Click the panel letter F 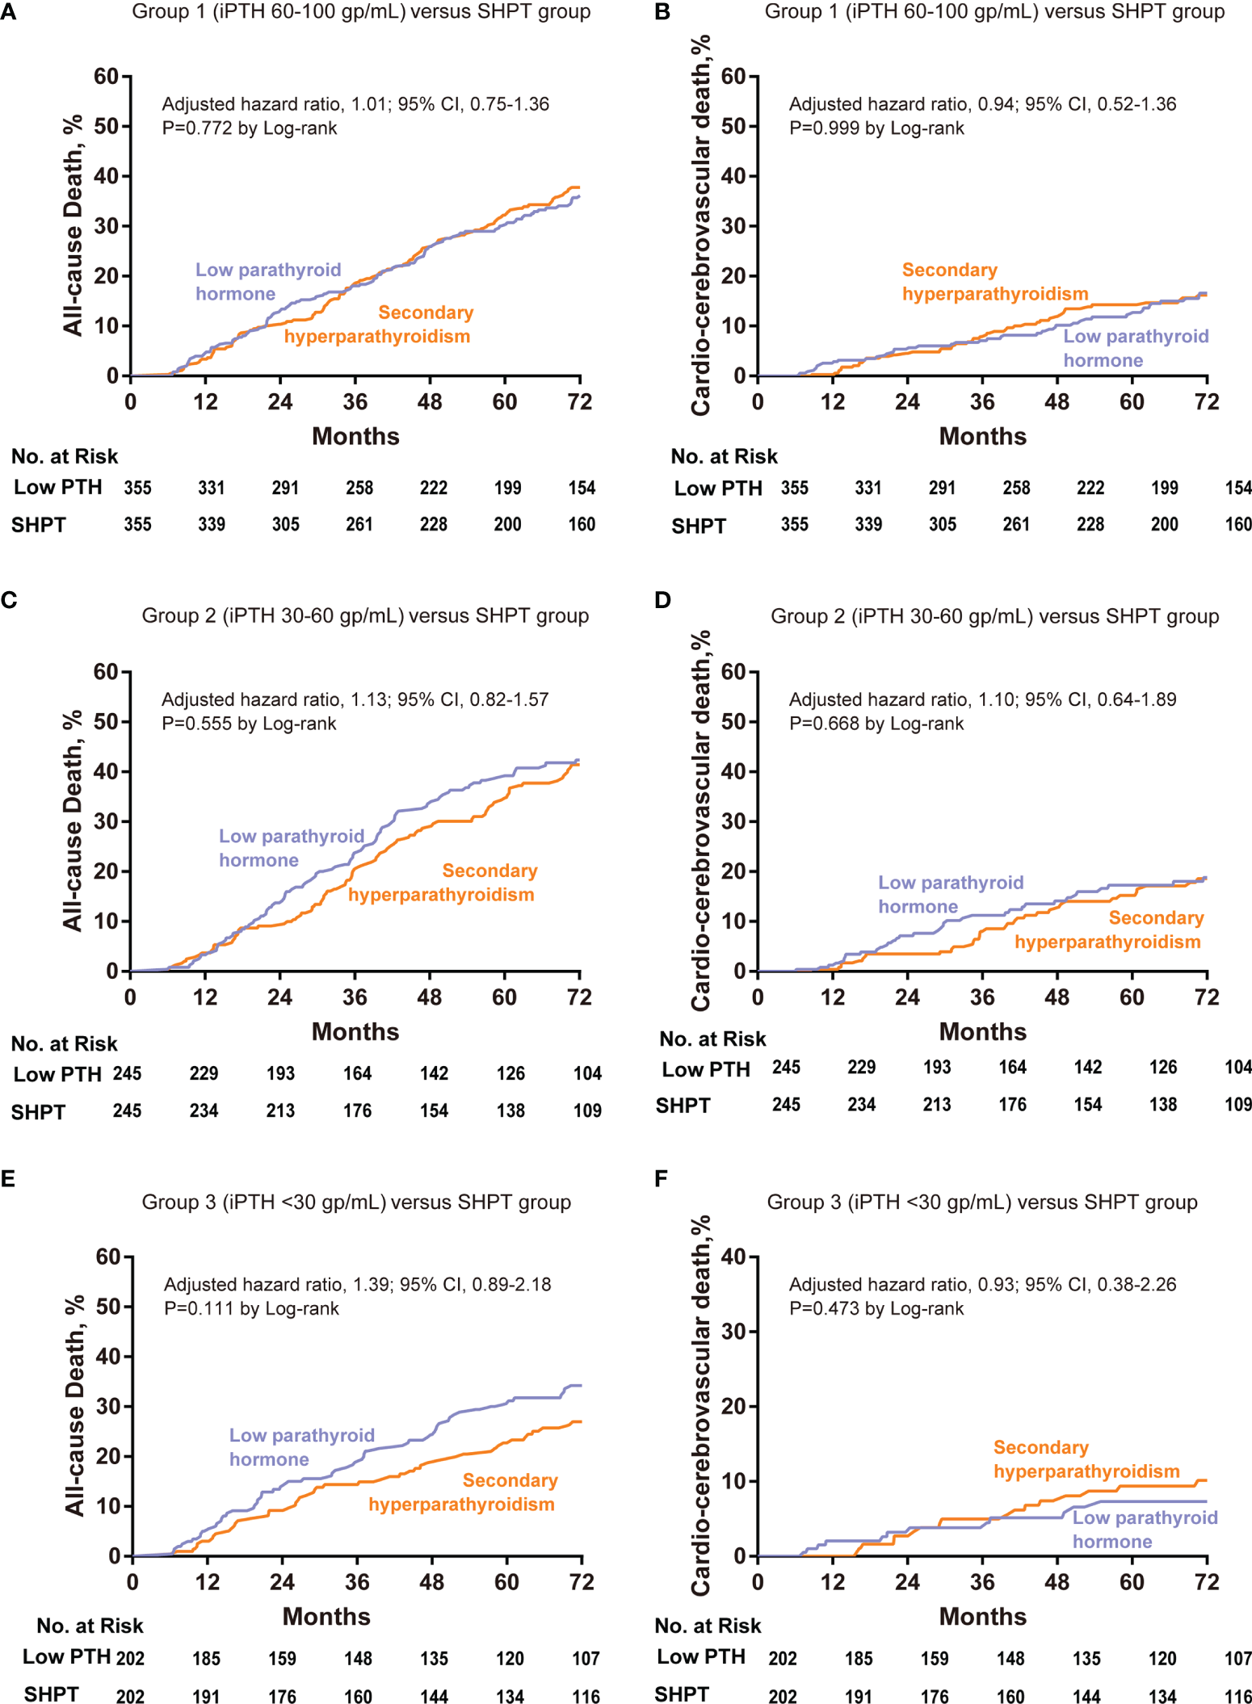(662, 1178)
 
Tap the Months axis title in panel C (355, 1031)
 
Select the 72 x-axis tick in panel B (1207, 401)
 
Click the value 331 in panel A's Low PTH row (212, 488)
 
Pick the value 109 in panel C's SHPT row (587, 1110)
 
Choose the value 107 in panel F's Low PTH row (1238, 1658)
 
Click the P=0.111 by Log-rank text (251, 1308)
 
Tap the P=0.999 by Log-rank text (876, 128)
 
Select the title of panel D (994, 616)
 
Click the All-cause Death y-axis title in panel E (74, 1406)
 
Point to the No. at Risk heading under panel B (724, 456)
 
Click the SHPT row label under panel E (51, 1694)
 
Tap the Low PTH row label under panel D (706, 1069)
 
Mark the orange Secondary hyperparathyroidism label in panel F (1086, 1459)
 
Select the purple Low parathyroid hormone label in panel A (268, 282)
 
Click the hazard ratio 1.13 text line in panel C (355, 699)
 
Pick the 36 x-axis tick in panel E (357, 1582)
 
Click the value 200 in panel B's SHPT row (1164, 524)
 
